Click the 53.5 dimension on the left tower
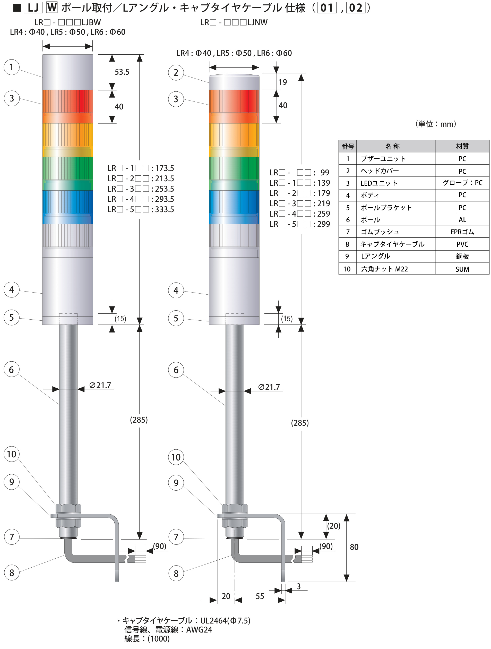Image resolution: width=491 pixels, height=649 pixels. (x=122, y=72)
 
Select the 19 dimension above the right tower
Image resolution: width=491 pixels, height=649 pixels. (x=283, y=82)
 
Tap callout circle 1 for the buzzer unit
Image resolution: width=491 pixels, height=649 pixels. (x=11, y=67)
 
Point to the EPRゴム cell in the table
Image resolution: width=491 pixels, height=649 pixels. (x=462, y=232)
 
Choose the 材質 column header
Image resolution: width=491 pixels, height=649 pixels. (x=462, y=146)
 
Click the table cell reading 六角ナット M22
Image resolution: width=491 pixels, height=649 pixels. (x=384, y=269)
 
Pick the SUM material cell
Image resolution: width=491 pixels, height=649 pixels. (x=462, y=269)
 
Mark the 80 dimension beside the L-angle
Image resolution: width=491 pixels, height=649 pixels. (x=354, y=547)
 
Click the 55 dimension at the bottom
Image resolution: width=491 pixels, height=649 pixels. (x=260, y=596)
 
